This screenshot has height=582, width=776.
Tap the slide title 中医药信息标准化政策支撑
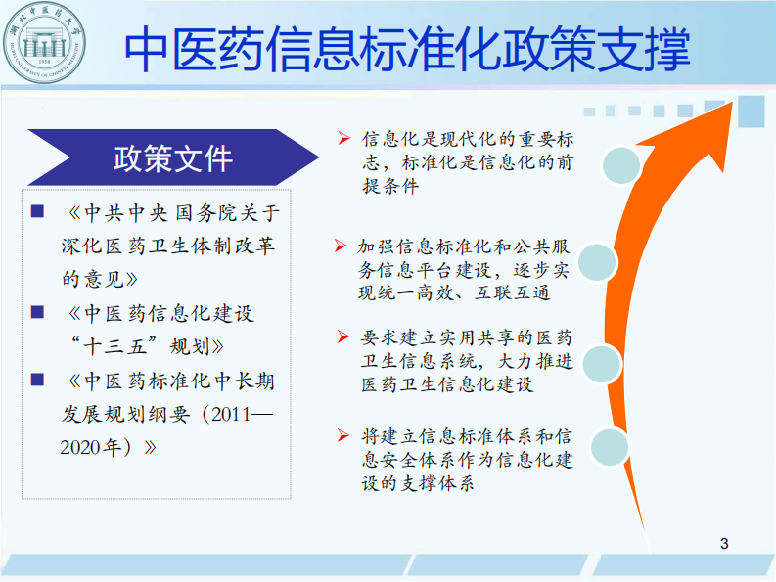click(x=409, y=48)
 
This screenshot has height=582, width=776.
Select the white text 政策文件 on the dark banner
click(x=173, y=157)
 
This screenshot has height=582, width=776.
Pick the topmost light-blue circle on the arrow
click(x=621, y=166)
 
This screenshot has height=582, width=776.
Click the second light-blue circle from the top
click(x=600, y=262)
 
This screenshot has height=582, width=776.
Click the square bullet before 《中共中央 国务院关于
click(x=37, y=211)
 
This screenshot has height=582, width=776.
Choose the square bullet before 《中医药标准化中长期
click(x=37, y=379)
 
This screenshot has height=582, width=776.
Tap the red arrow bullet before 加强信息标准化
click(x=340, y=245)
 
